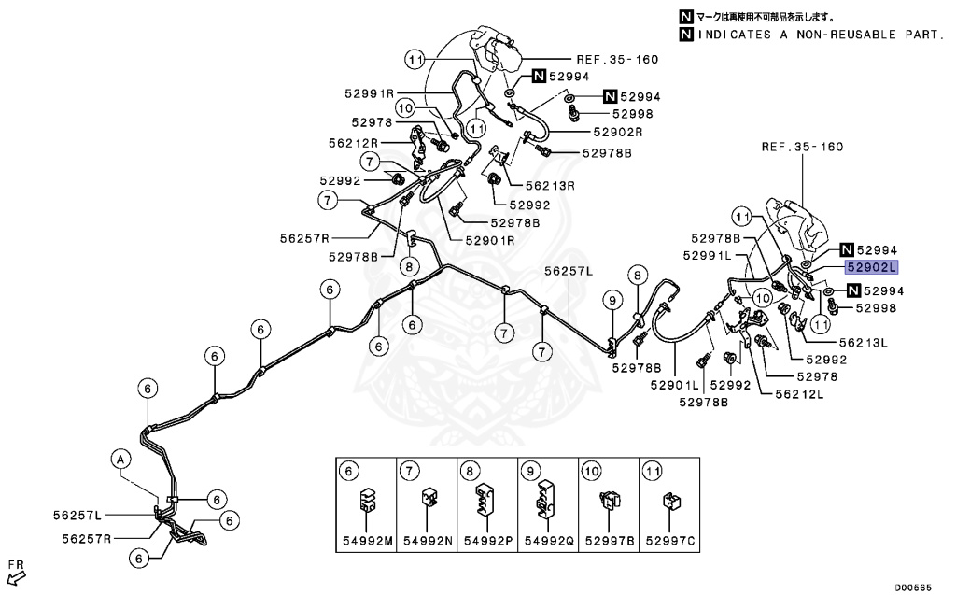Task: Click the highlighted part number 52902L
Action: [872, 267]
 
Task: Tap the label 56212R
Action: [354, 143]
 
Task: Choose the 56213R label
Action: [550, 186]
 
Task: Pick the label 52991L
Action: [707, 255]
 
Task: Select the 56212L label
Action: [799, 394]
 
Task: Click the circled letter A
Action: [119, 459]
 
